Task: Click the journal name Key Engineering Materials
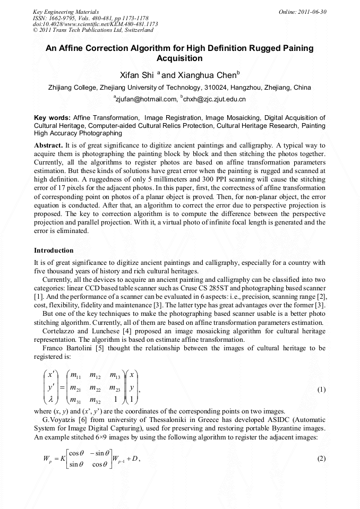pyautogui.click(x=66, y=11)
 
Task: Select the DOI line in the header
pyautogui.click(x=95, y=24)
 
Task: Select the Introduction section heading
pyautogui.click(x=54, y=250)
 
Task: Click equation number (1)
pyautogui.click(x=321, y=390)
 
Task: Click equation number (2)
pyautogui.click(x=321, y=459)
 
